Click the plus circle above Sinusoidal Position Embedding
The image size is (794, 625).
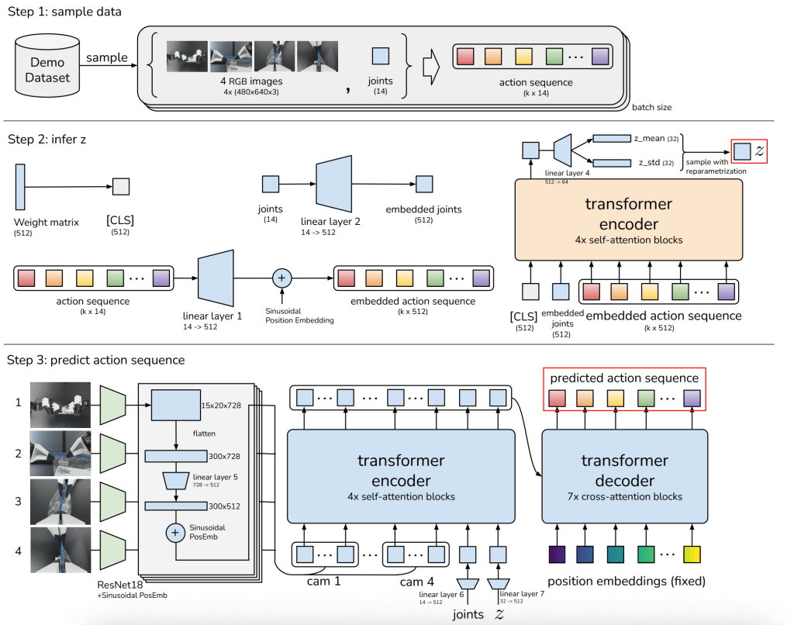[281, 278]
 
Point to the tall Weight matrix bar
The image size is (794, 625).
[20, 185]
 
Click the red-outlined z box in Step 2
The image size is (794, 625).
[749, 150]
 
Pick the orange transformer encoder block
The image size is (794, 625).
[629, 219]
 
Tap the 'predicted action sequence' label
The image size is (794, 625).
[624, 378]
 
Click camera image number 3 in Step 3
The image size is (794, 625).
[60, 502]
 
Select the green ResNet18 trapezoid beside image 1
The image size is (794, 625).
[113, 405]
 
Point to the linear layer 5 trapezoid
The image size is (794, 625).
[177, 482]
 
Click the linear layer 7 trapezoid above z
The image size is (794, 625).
[498, 582]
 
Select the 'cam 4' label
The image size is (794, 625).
[416, 582]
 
